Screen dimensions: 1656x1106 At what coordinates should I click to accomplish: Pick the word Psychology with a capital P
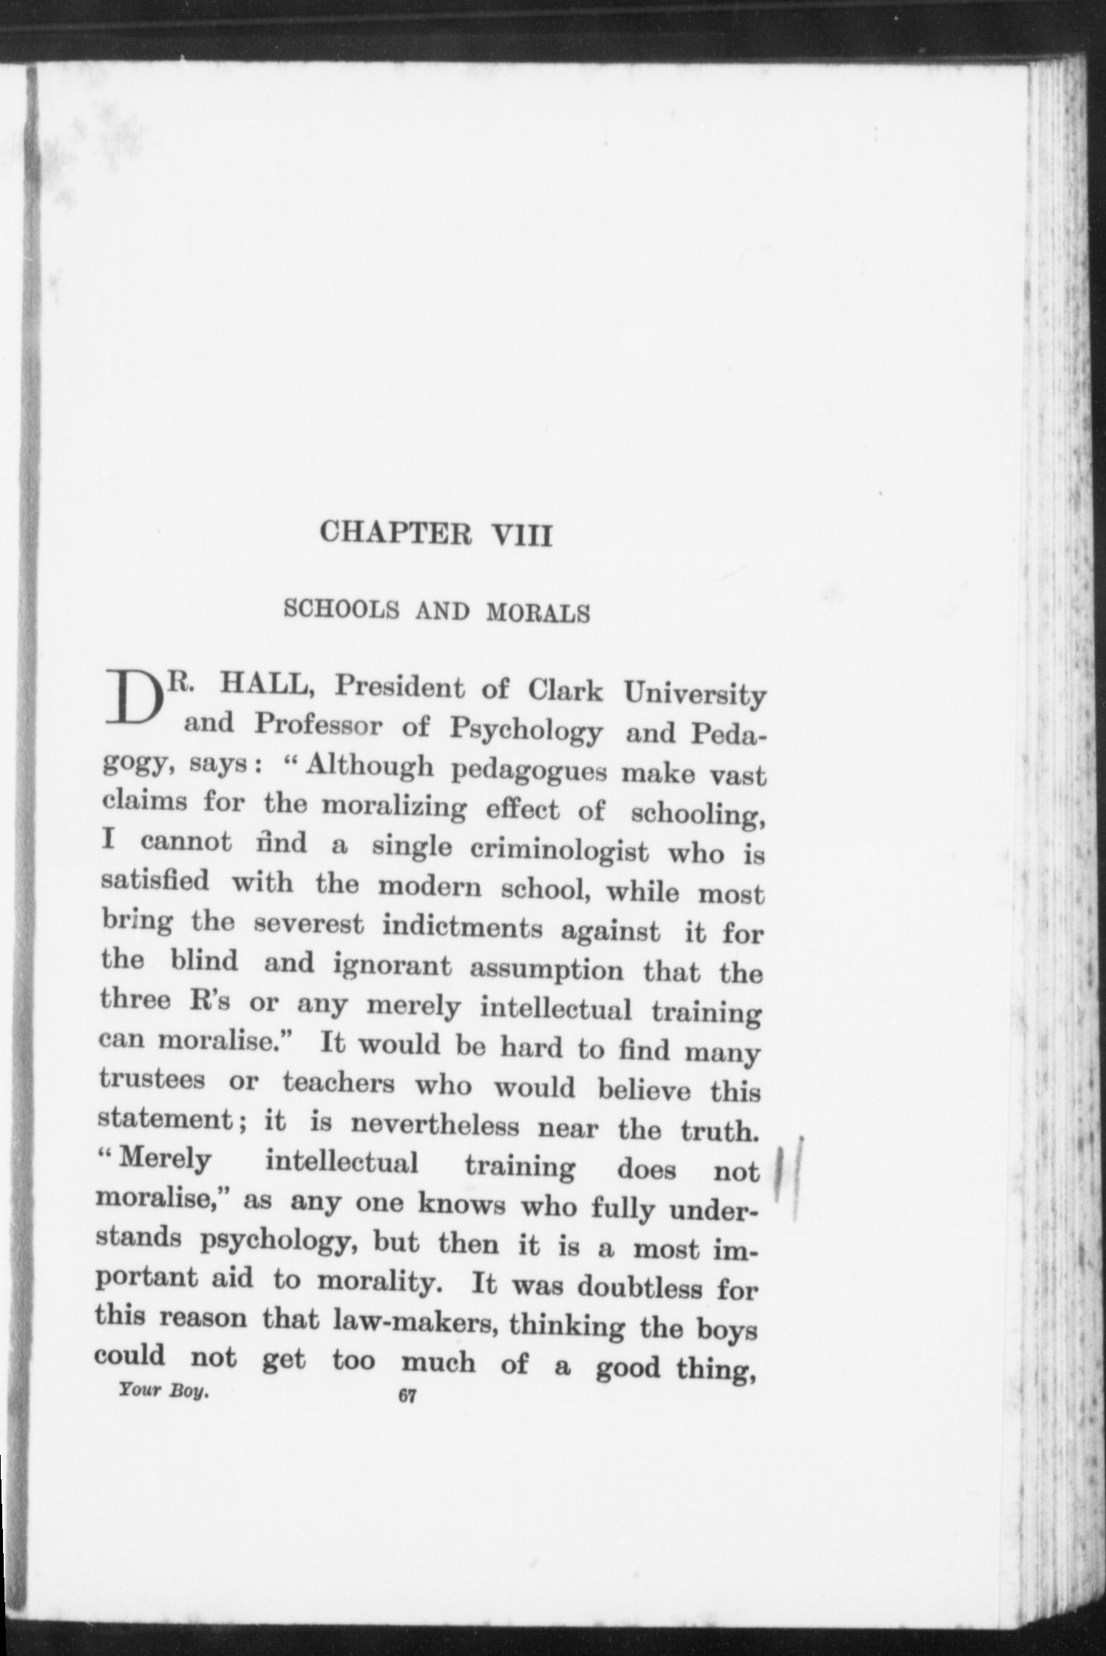tap(525, 730)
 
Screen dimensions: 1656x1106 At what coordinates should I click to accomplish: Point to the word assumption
tap(546, 968)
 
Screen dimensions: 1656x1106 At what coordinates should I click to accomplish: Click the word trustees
tap(152, 1080)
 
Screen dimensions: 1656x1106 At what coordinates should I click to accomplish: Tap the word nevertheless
tap(435, 1124)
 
